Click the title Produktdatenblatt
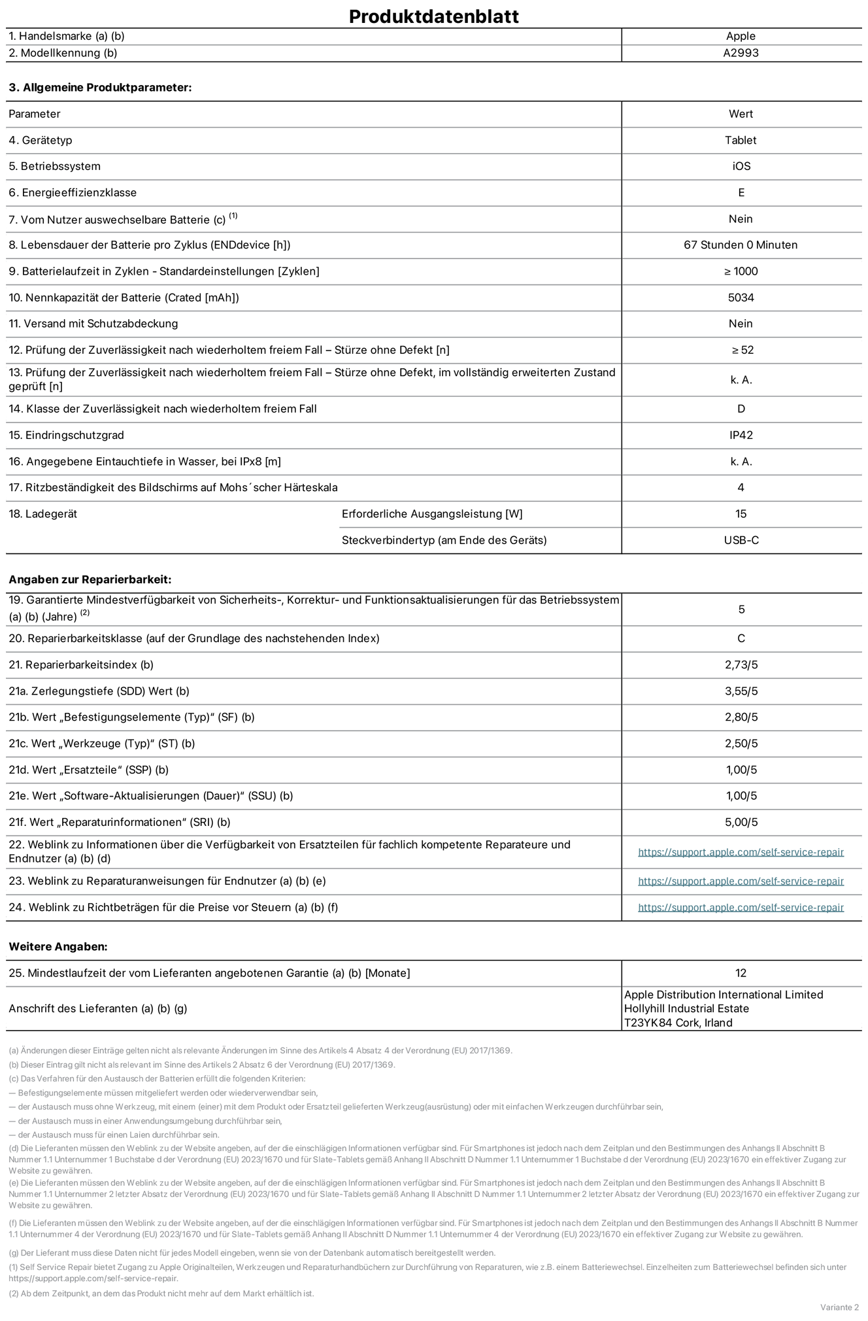point(433,16)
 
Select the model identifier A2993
point(741,53)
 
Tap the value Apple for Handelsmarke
point(741,36)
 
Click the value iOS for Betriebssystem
point(741,166)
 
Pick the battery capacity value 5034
point(741,298)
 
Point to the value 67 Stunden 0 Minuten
point(741,245)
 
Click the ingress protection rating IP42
point(741,435)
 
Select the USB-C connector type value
point(741,540)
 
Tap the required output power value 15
point(741,514)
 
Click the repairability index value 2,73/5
point(741,665)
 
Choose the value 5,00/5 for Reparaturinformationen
point(741,822)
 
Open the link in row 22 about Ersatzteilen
point(741,852)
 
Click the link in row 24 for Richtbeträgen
point(741,908)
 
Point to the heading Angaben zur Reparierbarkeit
point(90,579)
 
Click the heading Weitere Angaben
point(58,946)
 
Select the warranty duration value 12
point(741,973)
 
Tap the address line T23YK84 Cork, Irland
point(678,1023)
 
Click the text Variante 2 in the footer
point(839,1307)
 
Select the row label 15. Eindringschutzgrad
point(66,435)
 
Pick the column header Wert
point(741,114)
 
